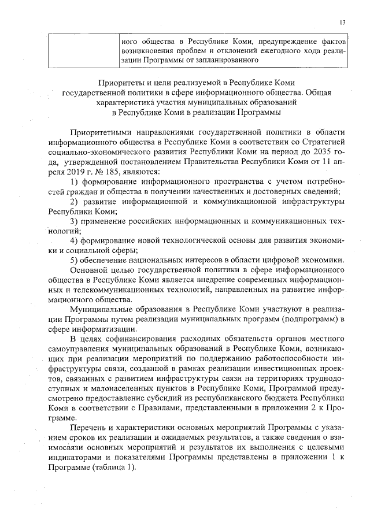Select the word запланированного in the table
224,60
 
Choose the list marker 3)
73,221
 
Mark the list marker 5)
73,261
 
